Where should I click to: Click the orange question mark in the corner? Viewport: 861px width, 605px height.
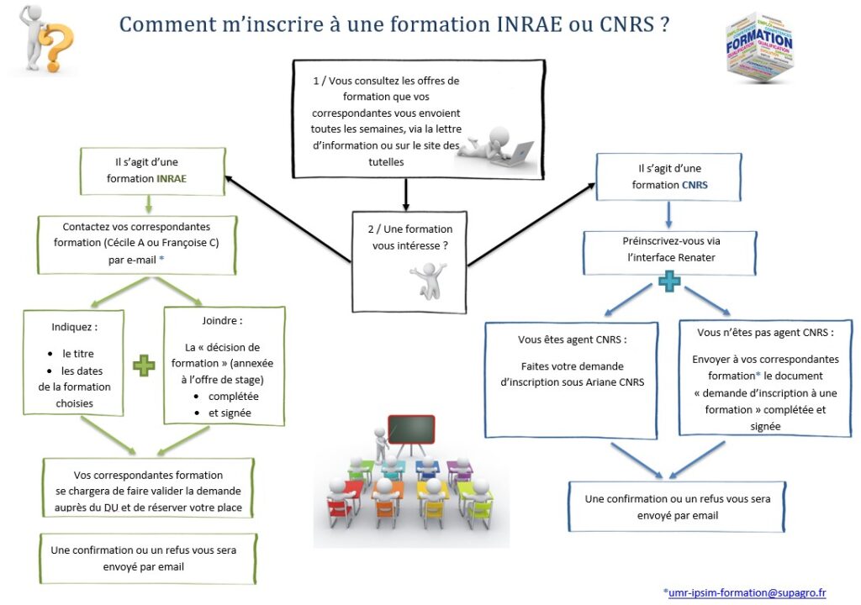[x=59, y=48]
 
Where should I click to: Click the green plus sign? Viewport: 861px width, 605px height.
[x=145, y=366]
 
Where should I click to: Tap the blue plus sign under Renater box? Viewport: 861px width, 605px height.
[x=669, y=281]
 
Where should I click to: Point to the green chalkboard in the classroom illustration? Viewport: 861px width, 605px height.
[x=411, y=429]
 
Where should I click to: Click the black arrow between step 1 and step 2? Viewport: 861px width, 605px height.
[x=406, y=194]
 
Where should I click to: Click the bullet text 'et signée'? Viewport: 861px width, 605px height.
[x=230, y=413]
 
